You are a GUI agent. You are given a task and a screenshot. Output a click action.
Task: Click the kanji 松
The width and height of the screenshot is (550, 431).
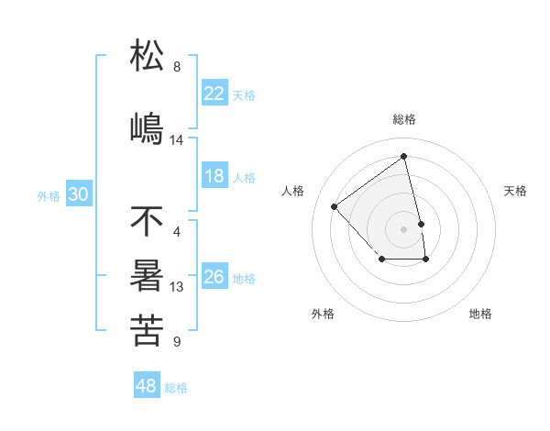(x=148, y=56)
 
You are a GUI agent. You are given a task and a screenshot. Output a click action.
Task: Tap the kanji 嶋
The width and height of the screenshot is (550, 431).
(x=148, y=129)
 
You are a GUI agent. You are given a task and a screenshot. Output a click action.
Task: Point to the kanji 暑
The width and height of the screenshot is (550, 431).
(x=148, y=276)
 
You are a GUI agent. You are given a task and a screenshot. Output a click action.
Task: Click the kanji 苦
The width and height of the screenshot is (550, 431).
(x=148, y=331)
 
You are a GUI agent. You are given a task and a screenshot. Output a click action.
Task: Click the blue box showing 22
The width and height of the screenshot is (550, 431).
(x=214, y=93)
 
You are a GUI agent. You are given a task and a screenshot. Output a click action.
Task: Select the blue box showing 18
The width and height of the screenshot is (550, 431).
(x=214, y=176)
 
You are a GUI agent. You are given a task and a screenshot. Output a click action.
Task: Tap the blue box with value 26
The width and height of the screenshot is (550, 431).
(x=214, y=277)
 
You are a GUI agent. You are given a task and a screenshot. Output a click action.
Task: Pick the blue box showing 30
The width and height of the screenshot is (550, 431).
(x=78, y=194)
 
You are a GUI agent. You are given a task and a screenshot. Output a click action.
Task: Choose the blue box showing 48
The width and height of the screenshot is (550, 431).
(x=147, y=386)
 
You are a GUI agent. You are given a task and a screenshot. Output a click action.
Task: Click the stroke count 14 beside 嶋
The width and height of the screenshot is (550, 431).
(x=177, y=140)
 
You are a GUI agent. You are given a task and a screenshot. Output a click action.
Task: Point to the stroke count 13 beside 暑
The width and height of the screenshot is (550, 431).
(x=177, y=287)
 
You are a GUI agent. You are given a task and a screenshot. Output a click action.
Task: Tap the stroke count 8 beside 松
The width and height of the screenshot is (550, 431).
(x=177, y=67)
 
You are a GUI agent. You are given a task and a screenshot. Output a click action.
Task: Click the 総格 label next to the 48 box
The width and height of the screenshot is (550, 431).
(x=176, y=388)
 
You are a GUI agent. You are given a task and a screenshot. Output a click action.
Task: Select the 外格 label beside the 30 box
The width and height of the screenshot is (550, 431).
(x=49, y=195)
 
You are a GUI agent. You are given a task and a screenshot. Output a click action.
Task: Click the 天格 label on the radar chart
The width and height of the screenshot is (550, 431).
(x=516, y=191)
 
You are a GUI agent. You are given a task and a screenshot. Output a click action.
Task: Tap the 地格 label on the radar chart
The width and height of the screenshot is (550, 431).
(x=480, y=314)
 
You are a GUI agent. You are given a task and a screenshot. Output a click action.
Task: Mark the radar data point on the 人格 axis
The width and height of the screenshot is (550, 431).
(x=335, y=206)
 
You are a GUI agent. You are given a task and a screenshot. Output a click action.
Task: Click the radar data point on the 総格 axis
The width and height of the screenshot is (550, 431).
(x=403, y=157)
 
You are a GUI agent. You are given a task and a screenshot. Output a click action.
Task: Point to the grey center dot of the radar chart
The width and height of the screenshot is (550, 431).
(x=403, y=228)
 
